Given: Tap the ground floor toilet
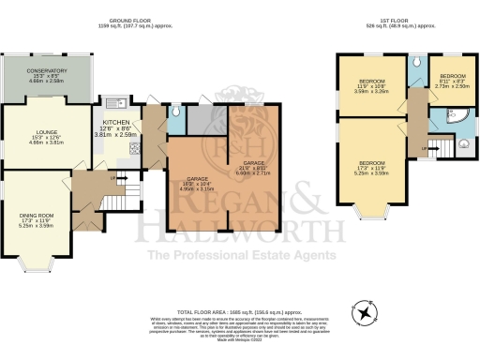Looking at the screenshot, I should [176, 112].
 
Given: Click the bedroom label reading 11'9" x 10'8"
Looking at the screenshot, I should [369, 87].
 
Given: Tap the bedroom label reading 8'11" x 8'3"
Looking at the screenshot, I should [453, 79].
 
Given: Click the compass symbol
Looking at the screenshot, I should [361, 309].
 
